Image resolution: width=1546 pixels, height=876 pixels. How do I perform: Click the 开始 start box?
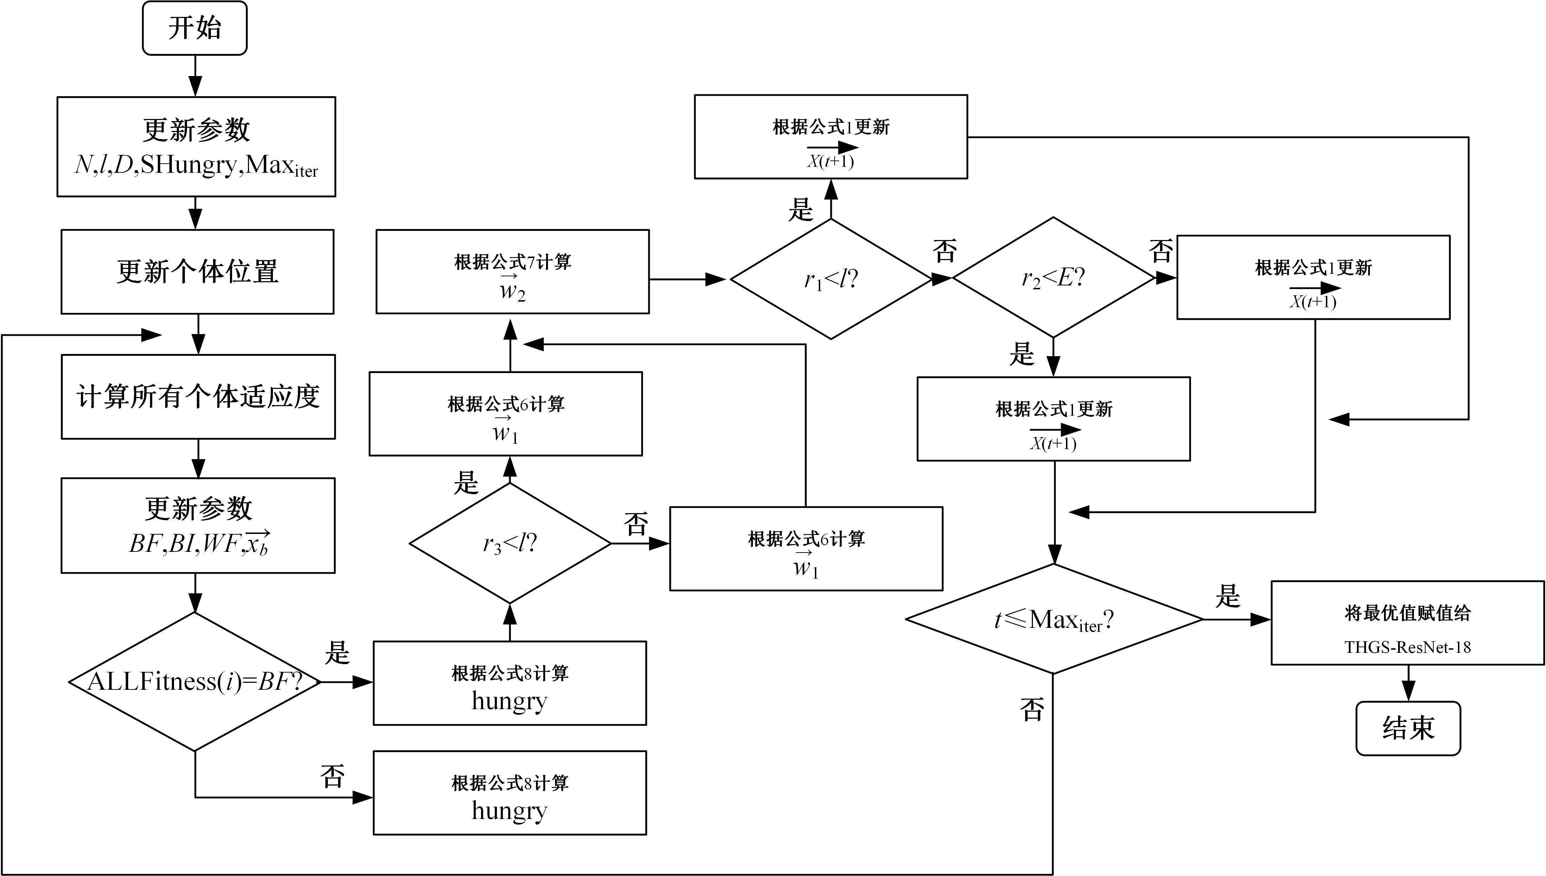point(194,28)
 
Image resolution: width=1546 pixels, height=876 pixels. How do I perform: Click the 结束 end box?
point(1408,728)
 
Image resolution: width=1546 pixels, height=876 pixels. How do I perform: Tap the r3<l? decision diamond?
point(510,543)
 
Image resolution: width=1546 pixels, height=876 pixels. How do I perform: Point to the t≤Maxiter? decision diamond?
point(1054,619)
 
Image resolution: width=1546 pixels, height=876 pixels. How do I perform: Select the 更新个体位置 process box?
point(198,271)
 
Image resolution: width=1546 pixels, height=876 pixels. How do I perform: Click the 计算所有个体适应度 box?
point(198,397)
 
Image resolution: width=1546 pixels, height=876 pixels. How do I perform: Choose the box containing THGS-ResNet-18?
point(1408,623)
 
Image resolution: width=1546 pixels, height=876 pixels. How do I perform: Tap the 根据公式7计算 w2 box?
point(512,271)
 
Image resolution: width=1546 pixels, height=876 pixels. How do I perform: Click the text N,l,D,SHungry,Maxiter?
point(196,165)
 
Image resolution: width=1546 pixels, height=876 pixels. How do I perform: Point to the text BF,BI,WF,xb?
point(199,543)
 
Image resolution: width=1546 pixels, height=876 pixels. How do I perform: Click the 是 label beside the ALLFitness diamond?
point(337,653)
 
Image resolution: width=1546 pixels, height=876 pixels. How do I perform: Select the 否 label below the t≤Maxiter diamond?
point(1032,710)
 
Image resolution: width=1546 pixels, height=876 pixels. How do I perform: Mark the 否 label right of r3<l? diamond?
point(636,523)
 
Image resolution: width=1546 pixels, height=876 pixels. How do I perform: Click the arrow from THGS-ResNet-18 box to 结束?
point(1408,683)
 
